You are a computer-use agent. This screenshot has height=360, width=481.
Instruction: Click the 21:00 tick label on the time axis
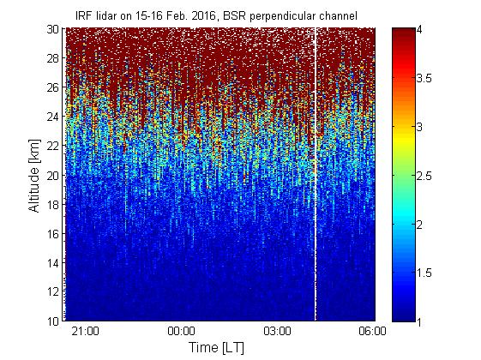[x=85, y=332]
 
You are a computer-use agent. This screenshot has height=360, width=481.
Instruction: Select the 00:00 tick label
[x=181, y=332]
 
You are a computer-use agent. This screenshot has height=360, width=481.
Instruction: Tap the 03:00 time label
[x=277, y=332]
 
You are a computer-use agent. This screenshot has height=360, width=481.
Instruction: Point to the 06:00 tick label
[x=372, y=332]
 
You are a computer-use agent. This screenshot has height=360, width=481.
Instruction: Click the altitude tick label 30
[x=53, y=29]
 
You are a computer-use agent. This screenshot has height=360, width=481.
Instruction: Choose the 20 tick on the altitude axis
[x=53, y=175]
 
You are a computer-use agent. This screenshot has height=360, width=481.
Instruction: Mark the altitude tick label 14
[x=53, y=263]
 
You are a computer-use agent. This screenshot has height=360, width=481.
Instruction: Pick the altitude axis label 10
[x=53, y=321]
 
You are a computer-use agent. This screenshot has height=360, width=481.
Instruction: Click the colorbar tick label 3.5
[x=424, y=78]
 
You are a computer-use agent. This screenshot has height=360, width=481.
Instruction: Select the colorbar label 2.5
[x=424, y=176]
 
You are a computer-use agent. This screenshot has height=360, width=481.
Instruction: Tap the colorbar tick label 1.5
[x=424, y=273]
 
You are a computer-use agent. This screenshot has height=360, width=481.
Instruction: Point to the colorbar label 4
[x=419, y=30]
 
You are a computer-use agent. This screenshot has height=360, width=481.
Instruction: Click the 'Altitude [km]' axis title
[x=34, y=176]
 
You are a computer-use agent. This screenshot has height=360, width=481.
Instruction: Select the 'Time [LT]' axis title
[x=217, y=348]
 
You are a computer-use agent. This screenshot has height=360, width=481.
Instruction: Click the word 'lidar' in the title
[x=107, y=15]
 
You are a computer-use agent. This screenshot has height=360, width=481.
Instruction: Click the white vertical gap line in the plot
[x=315, y=174]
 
